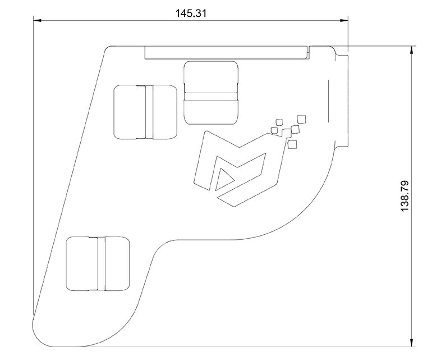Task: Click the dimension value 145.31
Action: pos(191,13)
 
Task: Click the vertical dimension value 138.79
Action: pos(405,196)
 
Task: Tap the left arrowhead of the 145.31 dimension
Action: pos(38,20)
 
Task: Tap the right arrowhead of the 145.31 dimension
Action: pos(344,20)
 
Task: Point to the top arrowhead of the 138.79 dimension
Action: pos(412,50)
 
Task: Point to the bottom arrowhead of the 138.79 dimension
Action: pos(412,343)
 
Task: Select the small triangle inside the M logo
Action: pos(224,179)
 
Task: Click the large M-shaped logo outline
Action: pos(238,168)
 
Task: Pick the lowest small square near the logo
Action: pos(292,144)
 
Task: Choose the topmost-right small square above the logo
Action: pos(302,119)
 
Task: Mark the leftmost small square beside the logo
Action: pos(274,130)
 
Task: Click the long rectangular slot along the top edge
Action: pos(227,52)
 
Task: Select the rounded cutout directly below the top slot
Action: pos(211,93)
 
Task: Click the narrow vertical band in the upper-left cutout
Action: pos(149,112)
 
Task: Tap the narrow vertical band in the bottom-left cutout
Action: pos(102,263)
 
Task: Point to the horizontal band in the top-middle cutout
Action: pos(211,96)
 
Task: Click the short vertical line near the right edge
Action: pos(328,101)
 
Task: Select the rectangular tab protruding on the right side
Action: pos(342,101)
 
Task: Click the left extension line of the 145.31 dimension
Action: pos(34,166)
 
